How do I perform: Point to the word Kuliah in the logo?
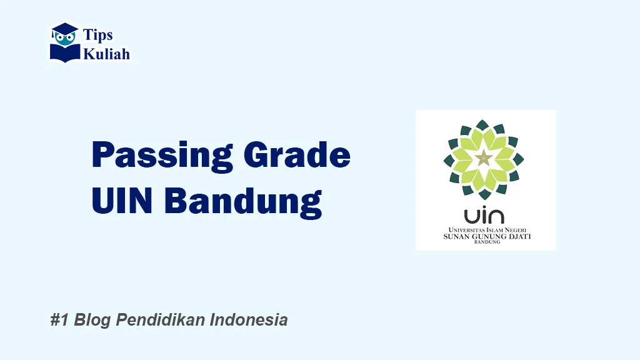(107, 54)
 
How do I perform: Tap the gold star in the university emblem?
(483, 158)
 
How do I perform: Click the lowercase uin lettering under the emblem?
(484, 216)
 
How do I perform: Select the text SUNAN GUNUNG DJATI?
(485, 237)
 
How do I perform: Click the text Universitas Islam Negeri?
(485, 229)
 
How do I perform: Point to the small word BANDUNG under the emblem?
(486, 242)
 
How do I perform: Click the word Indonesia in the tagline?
(249, 321)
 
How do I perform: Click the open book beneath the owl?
(65, 52)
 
